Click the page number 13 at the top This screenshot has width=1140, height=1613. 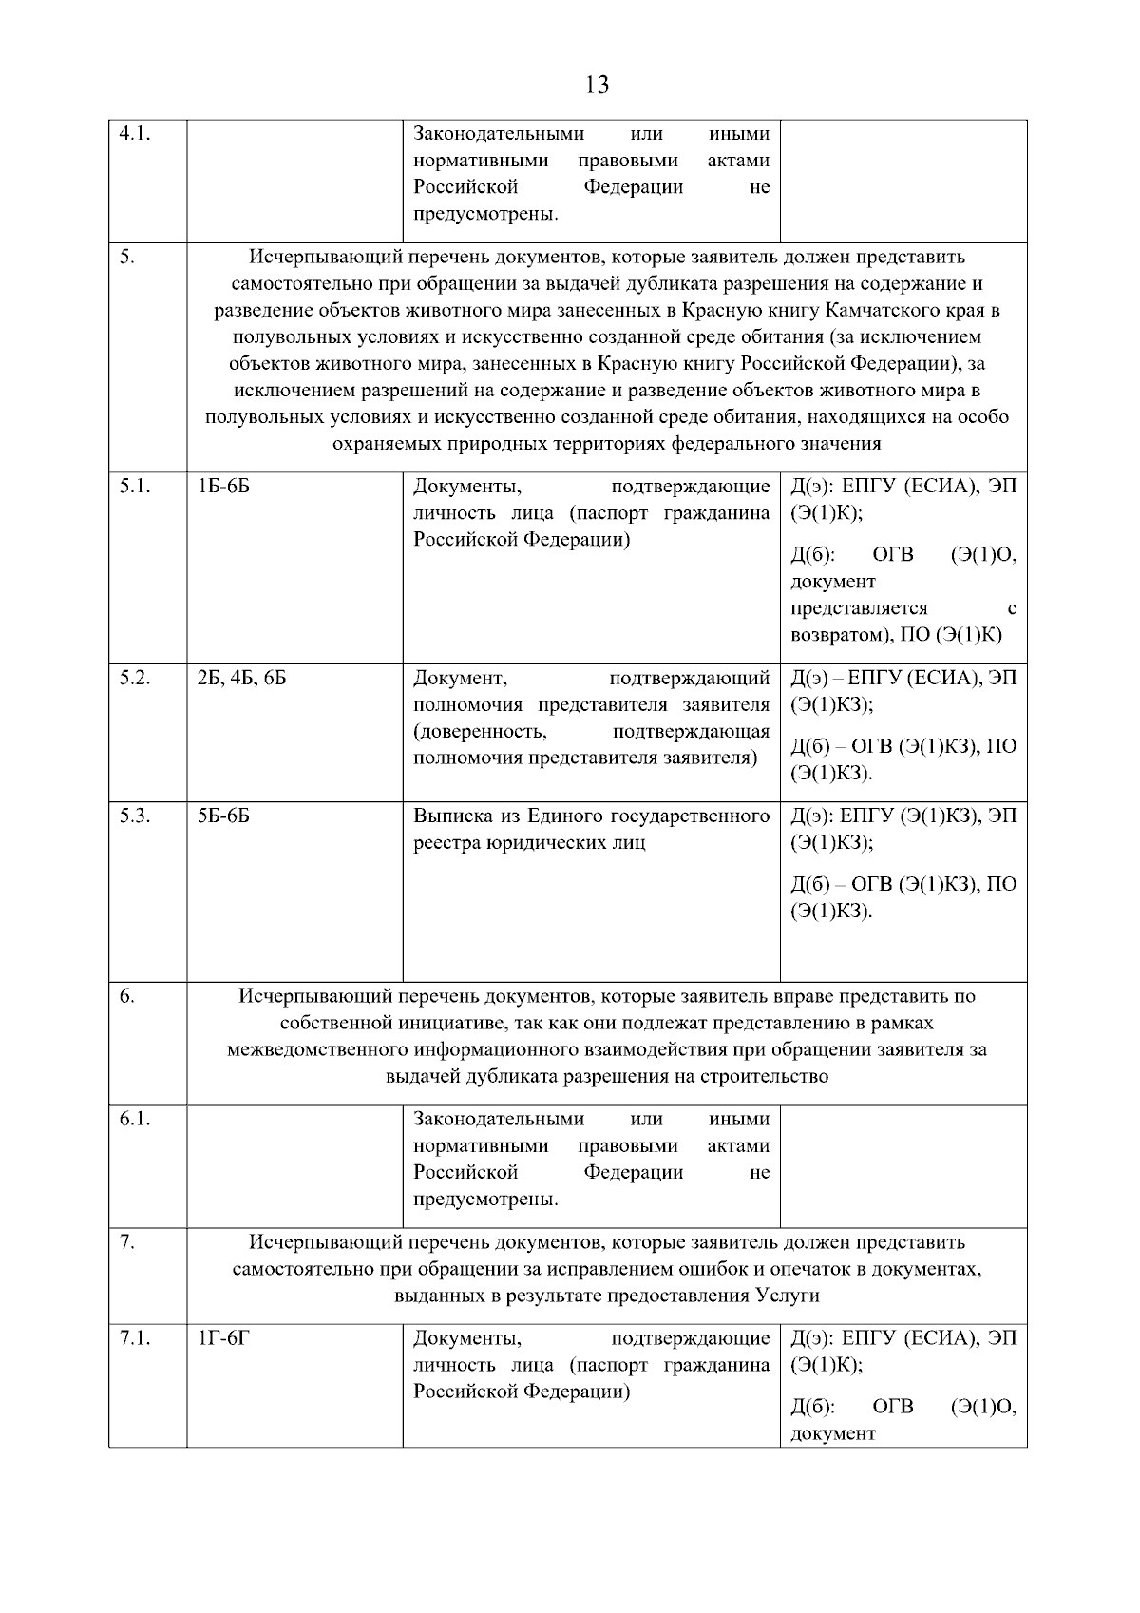[598, 85]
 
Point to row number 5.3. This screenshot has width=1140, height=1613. [135, 816]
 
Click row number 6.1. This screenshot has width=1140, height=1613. [135, 1120]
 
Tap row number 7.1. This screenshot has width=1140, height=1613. [135, 1339]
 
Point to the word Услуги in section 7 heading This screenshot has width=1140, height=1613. [788, 1296]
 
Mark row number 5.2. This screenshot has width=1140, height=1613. [135, 679]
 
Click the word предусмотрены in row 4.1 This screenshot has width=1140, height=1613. [484, 214]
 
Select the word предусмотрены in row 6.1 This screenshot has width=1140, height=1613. [484, 1200]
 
